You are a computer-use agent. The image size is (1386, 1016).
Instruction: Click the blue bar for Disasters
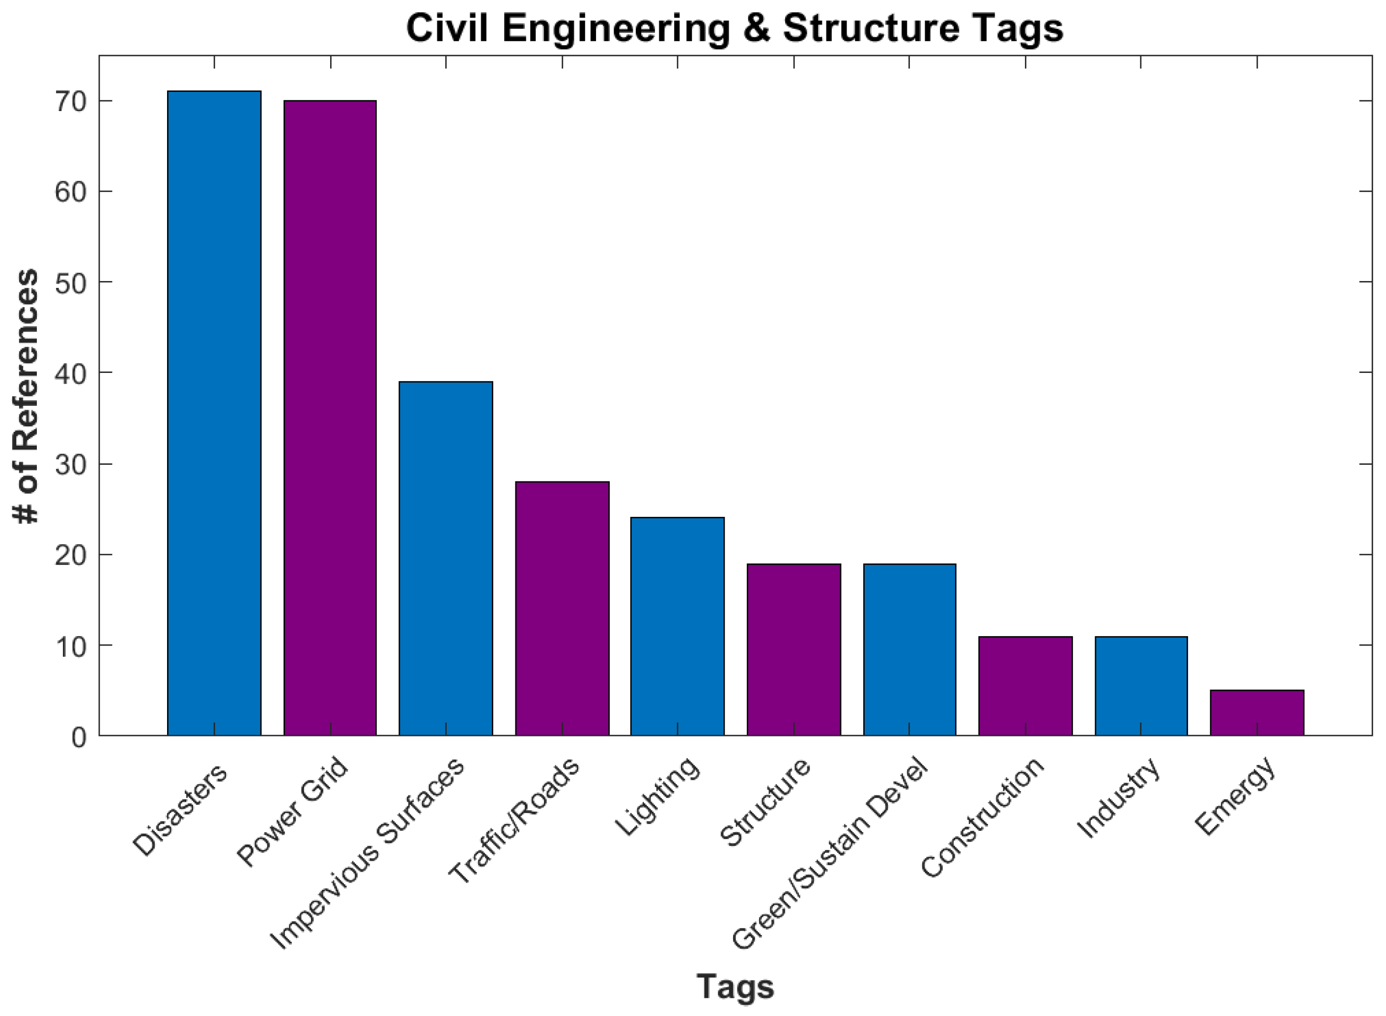click(214, 413)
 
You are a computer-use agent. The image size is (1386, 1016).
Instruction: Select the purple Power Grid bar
click(330, 418)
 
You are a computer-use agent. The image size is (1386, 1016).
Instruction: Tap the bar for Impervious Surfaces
click(446, 559)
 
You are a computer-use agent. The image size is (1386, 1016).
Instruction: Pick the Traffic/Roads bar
click(562, 608)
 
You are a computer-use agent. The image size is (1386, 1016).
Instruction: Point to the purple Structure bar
click(794, 649)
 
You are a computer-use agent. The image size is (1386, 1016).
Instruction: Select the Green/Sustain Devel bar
click(909, 649)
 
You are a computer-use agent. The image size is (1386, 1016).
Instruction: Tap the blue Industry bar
click(1141, 686)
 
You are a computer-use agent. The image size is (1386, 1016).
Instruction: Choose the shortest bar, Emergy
click(1257, 713)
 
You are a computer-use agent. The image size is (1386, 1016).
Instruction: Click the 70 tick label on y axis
click(70, 102)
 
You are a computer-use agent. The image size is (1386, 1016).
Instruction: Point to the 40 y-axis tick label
click(70, 373)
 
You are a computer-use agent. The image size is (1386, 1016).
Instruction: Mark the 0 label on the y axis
click(79, 737)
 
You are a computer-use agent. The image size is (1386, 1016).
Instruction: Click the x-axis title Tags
click(735, 987)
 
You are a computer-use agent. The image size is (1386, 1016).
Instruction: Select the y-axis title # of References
click(26, 396)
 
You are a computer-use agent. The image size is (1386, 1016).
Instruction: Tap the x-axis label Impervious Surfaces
click(367, 854)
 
